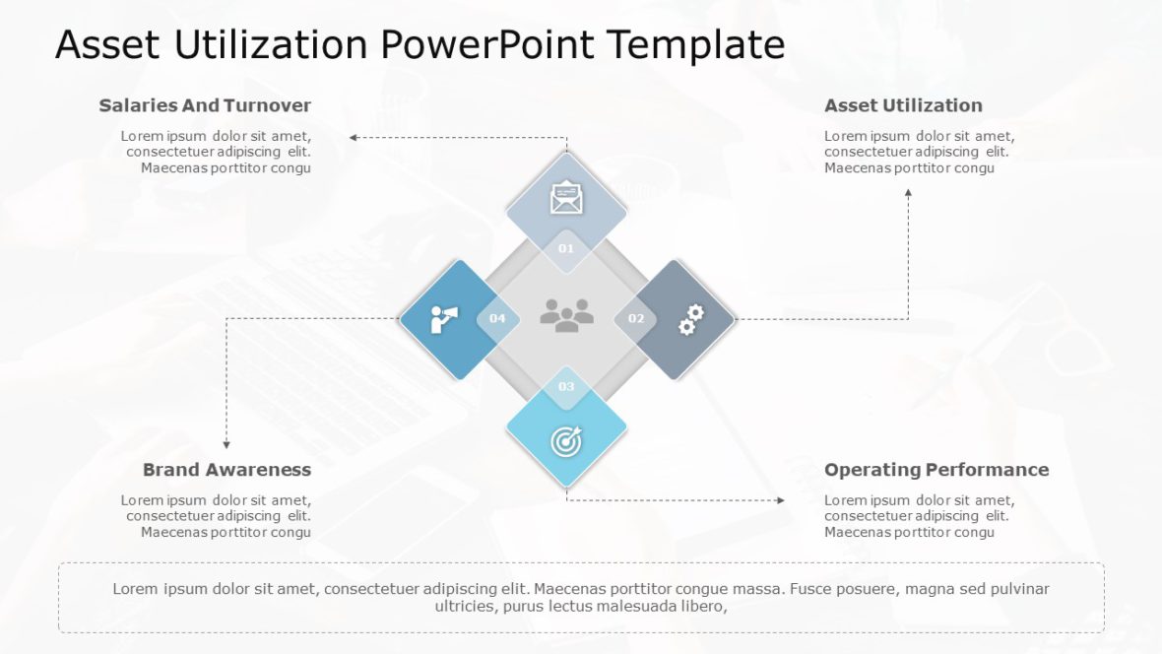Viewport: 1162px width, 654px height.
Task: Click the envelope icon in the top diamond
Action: pos(566,198)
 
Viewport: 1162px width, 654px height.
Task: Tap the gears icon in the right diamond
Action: pos(691,319)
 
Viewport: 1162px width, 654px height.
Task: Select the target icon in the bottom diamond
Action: pos(566,441)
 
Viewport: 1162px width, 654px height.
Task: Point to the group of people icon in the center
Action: pos(566,314)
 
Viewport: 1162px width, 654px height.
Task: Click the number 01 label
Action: pos(566,249)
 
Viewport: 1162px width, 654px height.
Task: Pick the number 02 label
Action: pos(636,319)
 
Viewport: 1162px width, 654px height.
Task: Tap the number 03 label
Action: pos(566,387)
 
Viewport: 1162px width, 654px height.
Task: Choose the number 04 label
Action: pos(497,319)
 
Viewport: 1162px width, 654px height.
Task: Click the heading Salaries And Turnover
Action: pos(205,105)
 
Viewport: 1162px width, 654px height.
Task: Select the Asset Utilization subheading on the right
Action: pos(903,105)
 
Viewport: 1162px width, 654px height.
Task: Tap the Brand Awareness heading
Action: pos(226,470)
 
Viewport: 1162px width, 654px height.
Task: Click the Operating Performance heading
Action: pos(936,470)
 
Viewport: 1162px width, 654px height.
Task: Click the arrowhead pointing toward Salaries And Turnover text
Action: pos(354,137)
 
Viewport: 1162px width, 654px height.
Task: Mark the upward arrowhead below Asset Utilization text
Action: pos(908,193)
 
